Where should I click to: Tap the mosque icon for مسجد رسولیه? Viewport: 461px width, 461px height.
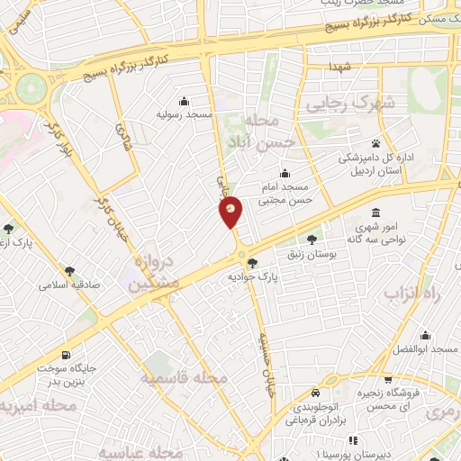tap(185, 100)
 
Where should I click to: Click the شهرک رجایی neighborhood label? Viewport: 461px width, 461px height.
tap(351, 104)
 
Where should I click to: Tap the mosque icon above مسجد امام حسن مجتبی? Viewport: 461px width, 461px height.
tap(285, 174)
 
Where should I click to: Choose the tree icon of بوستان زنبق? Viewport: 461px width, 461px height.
tap(312, 240)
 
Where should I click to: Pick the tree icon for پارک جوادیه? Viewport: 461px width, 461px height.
tap(253, 263)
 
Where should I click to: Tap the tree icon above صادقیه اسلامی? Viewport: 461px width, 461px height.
tap(68, 270)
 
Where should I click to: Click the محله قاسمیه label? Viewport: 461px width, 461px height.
tap(184, 378)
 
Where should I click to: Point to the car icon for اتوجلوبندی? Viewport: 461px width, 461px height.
tap(314, 393)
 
